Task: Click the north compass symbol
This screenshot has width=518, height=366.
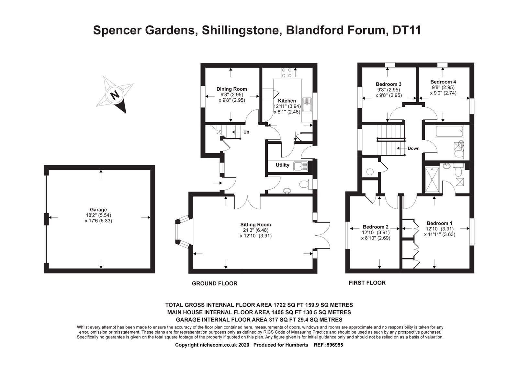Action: click(x=115, y=95)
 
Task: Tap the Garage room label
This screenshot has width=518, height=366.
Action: click(x=98, y=210)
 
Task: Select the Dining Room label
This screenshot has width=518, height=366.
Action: click(x=231, y=89)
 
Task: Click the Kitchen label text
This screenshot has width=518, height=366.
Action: click(x=287, y=101)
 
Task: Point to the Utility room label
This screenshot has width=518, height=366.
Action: click(x=282, y=165)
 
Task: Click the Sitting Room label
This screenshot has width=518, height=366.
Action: click(x=255, y=225)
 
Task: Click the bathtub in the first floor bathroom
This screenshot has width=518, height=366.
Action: click(x=450, y=132)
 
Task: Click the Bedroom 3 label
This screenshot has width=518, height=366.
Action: click(x=388, y=84)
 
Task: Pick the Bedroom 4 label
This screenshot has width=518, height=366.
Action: click(x=443, y=82)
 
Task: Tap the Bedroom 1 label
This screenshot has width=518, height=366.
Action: click(x=439, y=223)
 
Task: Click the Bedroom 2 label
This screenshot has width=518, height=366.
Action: click(x=376, y=227)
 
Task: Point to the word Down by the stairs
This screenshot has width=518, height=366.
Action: click(x=413, y=149)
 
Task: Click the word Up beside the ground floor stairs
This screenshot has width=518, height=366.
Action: click(x=246, y=132)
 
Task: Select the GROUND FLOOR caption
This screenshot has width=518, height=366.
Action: click(x=215, y=283)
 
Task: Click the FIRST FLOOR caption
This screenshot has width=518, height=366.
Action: click(x=367, y=283)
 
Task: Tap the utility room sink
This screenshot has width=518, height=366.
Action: click(x=298, y=166)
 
